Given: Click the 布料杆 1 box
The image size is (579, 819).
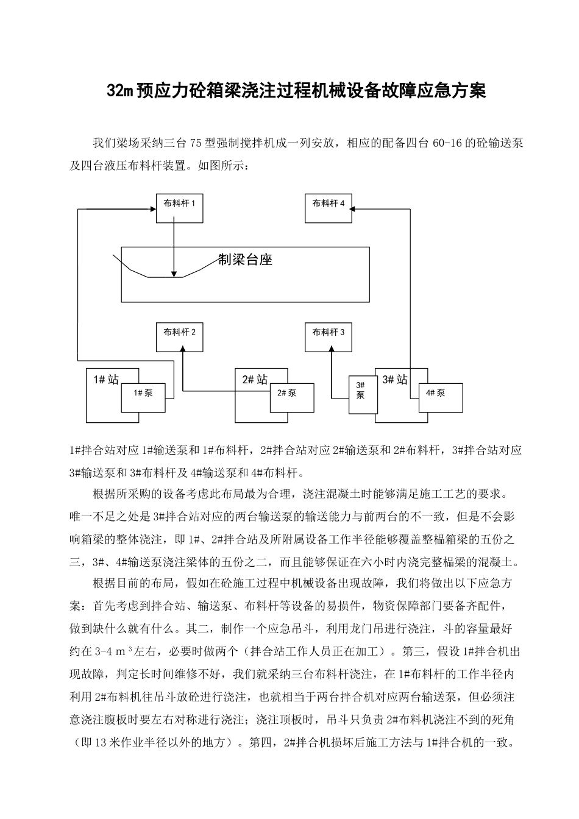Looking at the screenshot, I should tap(179, 208).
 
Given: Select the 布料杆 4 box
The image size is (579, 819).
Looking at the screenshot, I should tap(329, 208).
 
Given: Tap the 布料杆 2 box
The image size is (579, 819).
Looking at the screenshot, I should tap(179, 337).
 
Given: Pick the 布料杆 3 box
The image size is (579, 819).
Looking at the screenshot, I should tap(329, 337).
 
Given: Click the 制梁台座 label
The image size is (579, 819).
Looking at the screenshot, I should tap(246, 260).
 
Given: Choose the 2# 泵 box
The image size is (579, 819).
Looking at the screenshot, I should tap(292, 398).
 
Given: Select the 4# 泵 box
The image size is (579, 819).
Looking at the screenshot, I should tap(436, 398).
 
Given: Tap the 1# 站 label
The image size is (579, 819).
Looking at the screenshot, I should tap(106, 380).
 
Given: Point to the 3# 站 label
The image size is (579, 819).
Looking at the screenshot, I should tap(394, 380).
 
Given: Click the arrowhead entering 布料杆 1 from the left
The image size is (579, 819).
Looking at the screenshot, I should tap(152, 209).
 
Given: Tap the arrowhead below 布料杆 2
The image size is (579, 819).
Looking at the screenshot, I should tap(183, 349).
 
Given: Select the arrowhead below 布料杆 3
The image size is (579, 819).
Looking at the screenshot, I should tap(332, 349).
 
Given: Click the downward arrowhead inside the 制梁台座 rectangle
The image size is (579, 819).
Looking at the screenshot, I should tap(174, 274).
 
